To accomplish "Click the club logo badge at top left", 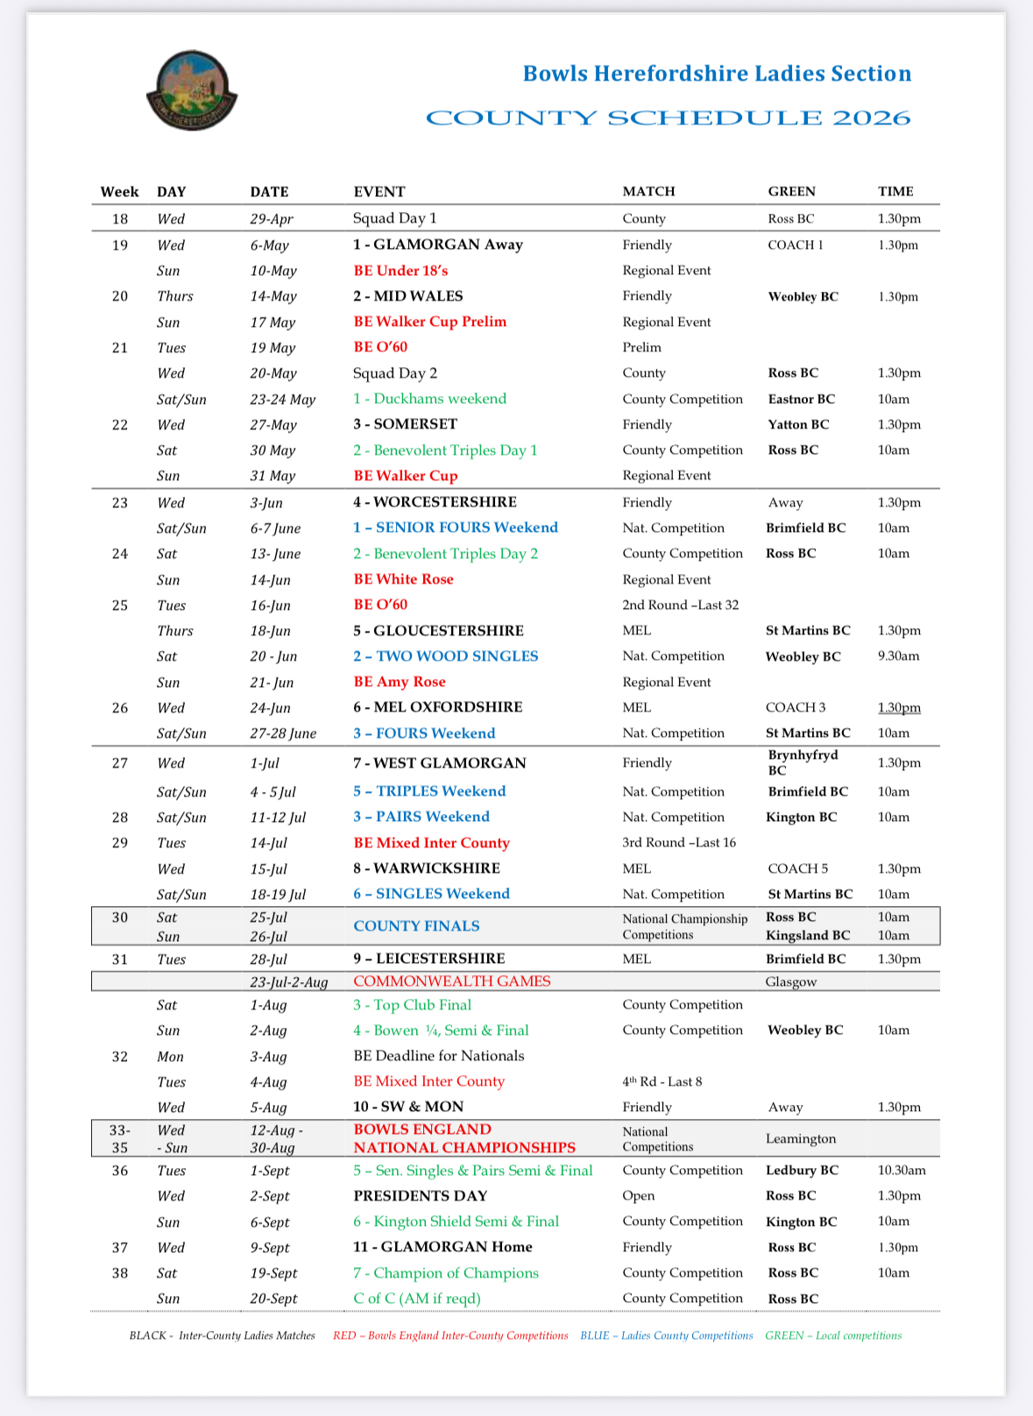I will [x=192, y=90].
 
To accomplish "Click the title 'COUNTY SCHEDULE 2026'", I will [x=668, y=118].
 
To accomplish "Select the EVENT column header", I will [x=379, y=192].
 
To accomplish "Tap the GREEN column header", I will [x=791, y=192].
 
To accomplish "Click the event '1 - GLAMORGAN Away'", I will [x=438, y=244].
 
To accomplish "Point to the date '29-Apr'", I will [x=272, y=219].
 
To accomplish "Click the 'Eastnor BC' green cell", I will [x=802, y=399].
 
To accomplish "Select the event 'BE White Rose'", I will [x=404, y=579].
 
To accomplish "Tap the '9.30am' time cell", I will [x=898, y=656].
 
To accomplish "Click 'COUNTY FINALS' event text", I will [x=416, y=926].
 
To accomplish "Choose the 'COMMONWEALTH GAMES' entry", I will [x=452, y=981].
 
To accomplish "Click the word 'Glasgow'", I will [x=791, y=982].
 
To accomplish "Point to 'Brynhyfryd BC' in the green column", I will [x=803, y=762].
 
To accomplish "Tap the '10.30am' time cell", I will [x=902, y=1171].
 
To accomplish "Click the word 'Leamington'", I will [x=801, y=1139].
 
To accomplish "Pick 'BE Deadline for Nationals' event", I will [x=439, y=1056].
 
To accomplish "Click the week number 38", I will [x=120, y=1273].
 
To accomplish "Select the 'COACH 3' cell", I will [x=796, y=707].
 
